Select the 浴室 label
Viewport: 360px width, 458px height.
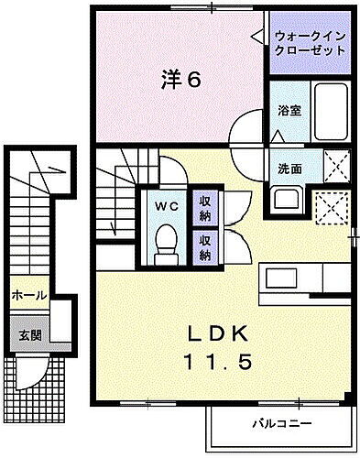tap(289, 110)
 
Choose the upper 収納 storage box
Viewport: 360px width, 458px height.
tap(206, 209)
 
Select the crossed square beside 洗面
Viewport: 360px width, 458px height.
tap(335, 167)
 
